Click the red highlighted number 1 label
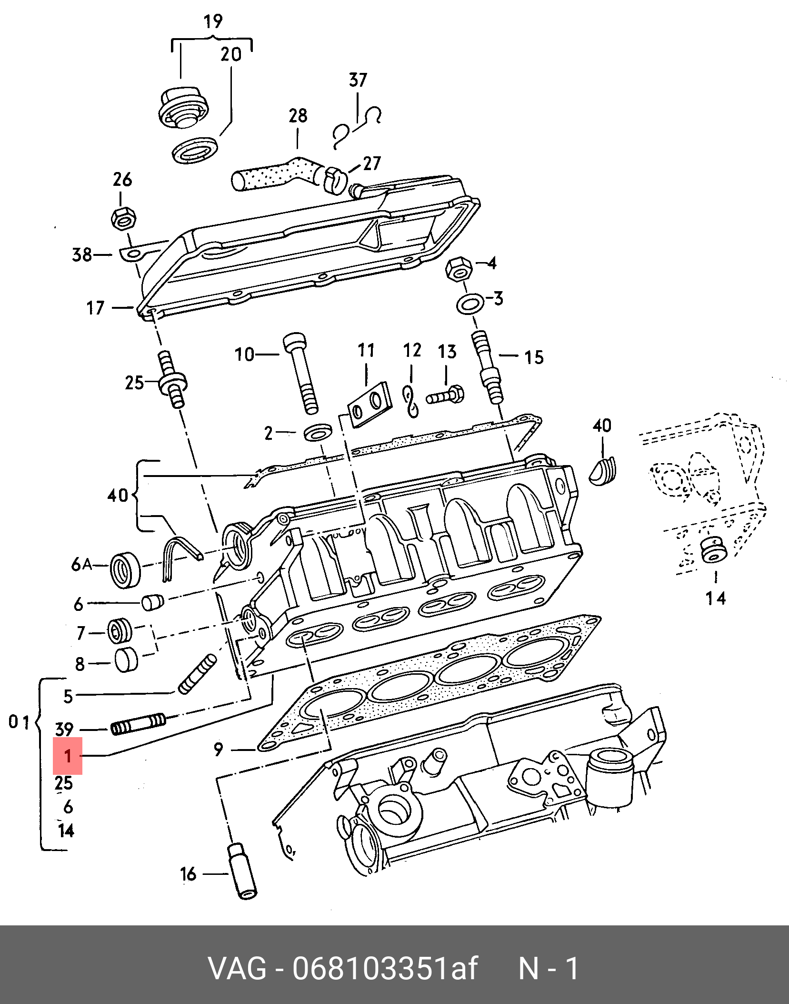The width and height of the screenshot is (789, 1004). pos(68,756)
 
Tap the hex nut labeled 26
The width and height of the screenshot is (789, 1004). pos(123,219)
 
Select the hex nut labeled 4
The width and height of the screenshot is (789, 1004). pos(459,269)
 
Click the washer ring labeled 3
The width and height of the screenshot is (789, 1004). pos(469,304)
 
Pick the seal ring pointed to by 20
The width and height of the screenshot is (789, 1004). pos(195,150)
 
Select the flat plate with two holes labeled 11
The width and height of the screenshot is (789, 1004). pos(369,404)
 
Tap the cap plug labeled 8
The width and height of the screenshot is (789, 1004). pos(126,660)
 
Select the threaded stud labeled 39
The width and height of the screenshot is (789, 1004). pos(138,724)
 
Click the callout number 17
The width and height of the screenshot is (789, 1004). pos(95,308)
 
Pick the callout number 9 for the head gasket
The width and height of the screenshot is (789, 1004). pos(218,750)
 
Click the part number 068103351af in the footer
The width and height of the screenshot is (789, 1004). pos(385,968)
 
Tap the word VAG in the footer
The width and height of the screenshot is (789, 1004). pos(237,968)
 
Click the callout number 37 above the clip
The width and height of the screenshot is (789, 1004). pos(358,80)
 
